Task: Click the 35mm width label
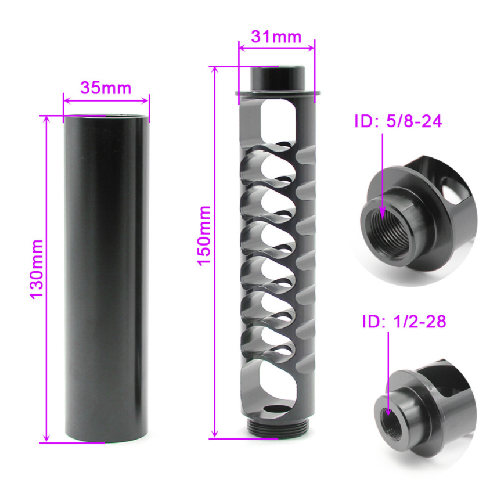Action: click(x=106, y=88)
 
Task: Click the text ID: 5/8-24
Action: click(x=398, y=122)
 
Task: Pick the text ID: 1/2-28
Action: click(x=404, y=322)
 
